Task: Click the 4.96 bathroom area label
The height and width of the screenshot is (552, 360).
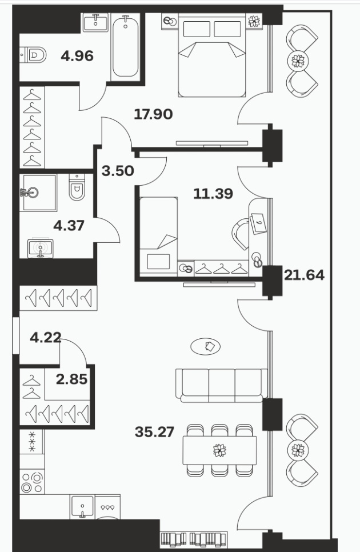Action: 77,56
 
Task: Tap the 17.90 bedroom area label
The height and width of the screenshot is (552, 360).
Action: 154,114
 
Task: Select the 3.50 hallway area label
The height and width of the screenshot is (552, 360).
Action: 118,171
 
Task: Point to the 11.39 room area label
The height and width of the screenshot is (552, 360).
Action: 213,194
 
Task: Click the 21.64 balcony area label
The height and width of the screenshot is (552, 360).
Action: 304,275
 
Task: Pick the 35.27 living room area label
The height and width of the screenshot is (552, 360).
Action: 154,432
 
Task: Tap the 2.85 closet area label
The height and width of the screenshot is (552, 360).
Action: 72,379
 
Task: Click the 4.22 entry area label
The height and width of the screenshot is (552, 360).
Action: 46,338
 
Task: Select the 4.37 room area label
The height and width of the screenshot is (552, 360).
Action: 69,225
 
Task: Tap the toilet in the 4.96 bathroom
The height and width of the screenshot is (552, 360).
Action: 33,55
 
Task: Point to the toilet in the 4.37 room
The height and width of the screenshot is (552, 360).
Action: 77,187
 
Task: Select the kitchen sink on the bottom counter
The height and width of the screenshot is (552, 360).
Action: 82,507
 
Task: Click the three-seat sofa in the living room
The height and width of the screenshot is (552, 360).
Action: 222,386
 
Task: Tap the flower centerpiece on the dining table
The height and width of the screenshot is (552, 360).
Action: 219,450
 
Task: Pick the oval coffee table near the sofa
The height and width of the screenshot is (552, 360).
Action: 206,346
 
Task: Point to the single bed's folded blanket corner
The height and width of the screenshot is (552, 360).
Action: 167,242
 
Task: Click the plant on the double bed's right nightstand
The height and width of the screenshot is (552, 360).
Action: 254,22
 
